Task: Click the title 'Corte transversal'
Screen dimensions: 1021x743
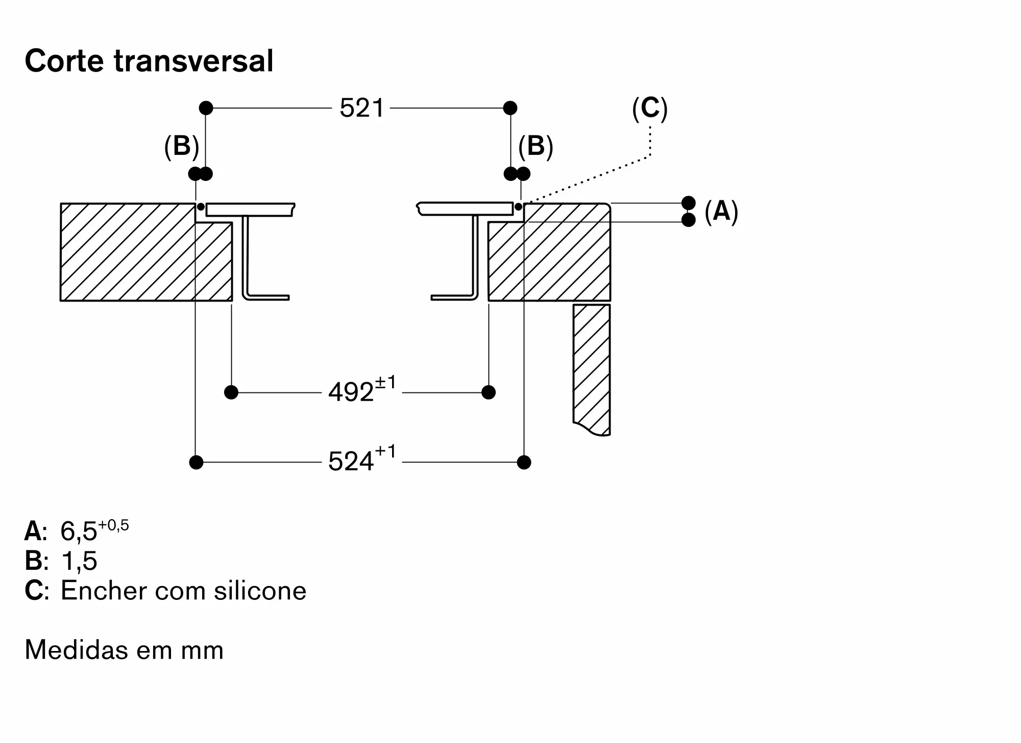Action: click(x=149, y=61)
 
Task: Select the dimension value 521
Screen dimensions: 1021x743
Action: click(x=361, y=108)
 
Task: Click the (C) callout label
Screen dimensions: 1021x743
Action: click(x=649, y=109)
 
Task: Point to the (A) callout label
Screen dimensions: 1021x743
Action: click(x=721, y=211)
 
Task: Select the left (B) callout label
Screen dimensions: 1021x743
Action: click(x=181, y=147)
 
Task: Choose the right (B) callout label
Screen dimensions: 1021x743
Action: click(x=536, y=147)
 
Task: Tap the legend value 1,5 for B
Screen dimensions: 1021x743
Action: click(x=79, y=561)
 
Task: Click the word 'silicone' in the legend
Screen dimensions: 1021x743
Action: click(x=260, y=591)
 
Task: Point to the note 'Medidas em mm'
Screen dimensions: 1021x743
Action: click(x=124, y=651)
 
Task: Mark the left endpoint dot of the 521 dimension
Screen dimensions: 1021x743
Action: click(x=206, y=108)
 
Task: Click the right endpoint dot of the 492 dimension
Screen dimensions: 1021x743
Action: click(x=489, y=392)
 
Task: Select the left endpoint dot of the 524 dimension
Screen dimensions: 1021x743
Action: click(x=196, y=462)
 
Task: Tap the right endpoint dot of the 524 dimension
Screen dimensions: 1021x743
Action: click(x=524, y=462)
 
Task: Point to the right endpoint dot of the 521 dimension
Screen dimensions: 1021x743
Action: click(x=510, y=108)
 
